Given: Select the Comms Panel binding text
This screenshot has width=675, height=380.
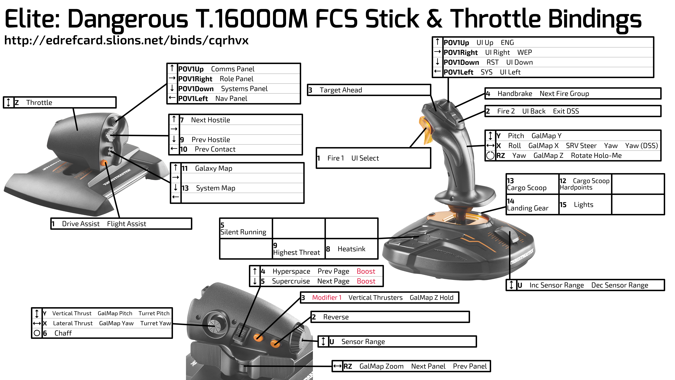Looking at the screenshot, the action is click(233, 69).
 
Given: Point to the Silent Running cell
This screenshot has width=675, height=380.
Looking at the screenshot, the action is click(246, 228).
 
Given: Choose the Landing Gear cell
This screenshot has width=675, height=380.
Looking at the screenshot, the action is click(532, 205).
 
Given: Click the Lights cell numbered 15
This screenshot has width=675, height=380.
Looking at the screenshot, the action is click(585, 205).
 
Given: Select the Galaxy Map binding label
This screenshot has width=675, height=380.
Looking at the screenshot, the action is click(214, 168).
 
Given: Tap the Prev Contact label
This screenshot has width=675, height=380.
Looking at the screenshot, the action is click(215, 149).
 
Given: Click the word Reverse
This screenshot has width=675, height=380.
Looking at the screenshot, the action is click(336, 317).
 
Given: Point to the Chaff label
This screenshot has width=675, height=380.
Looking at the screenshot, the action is click(63, 333).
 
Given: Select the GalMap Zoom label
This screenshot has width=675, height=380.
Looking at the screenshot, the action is click(381, 366).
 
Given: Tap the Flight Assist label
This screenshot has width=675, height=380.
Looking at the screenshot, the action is click(127, 224).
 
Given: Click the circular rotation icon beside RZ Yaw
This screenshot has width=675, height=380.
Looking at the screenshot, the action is click(490, 156).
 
